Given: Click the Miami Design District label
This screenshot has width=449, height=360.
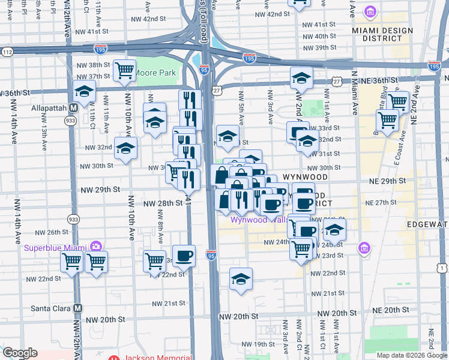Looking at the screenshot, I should pyautogui.click(x=388, y=34).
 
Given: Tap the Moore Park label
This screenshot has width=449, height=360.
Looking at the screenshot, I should pyautogui.click(x=155, y=73).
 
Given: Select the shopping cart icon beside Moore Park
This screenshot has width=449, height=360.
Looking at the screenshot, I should pyautogui.click(x=124, y=70).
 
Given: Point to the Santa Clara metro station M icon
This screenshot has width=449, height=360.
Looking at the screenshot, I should pyautogui.click(x=77, y=308).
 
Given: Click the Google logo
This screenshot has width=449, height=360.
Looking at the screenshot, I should pyautogui.click(x=20, y=353).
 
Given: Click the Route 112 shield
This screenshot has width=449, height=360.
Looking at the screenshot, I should pyautogui.click(x=7, y=52).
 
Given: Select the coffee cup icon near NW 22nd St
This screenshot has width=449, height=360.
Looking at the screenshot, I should pyautogui.click(x=184, y=256).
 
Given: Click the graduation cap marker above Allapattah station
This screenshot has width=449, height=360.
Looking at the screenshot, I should pyautogui.click(x=85, y=92).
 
